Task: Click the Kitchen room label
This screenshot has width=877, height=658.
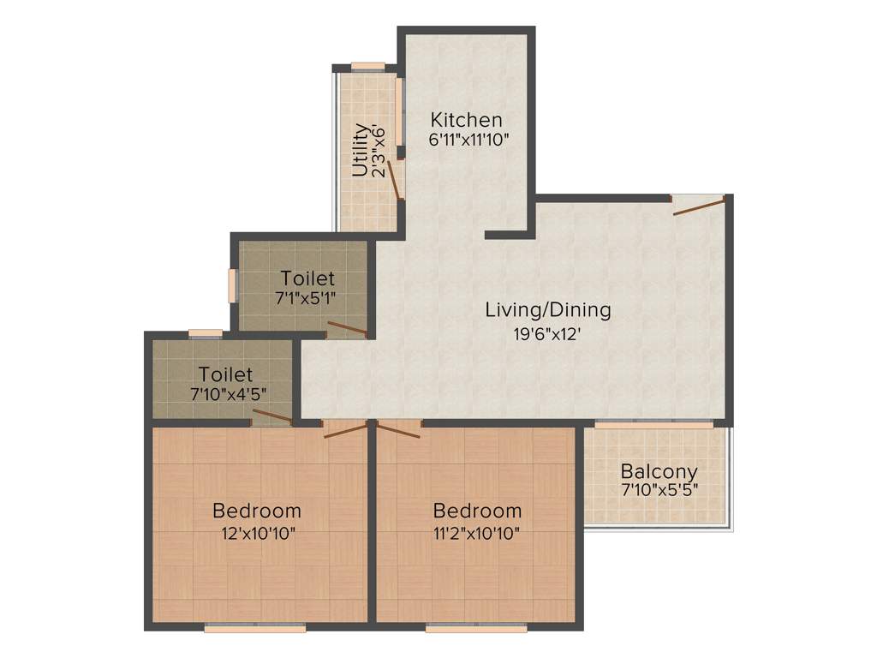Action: [x=466, y=119]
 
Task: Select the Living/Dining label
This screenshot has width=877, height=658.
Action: [x=548, y=309]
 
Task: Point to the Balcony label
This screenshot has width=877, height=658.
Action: [x=659, y=471]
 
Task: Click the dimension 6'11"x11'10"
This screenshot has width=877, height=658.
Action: [x=470, y=140]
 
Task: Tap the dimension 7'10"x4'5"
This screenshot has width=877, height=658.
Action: [x=226, y=395]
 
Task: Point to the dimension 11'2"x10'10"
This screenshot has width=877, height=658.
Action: [x=477, y=532]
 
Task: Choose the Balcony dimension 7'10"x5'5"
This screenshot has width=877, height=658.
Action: [x=659, y=491]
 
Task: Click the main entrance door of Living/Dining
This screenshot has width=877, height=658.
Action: [x=698, y=205]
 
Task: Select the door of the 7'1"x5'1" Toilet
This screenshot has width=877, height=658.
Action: [x=347, y=328]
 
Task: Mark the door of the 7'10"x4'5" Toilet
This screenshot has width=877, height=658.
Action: [x=272, y=417]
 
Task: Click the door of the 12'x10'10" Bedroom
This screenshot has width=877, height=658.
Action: [x=345, y=428]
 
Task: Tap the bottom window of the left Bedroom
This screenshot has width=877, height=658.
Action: [x=255, y=628]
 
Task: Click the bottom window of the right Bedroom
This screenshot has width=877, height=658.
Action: [x=476, y=628]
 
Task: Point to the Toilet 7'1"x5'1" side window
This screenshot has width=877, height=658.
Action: [x=231, y=285]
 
